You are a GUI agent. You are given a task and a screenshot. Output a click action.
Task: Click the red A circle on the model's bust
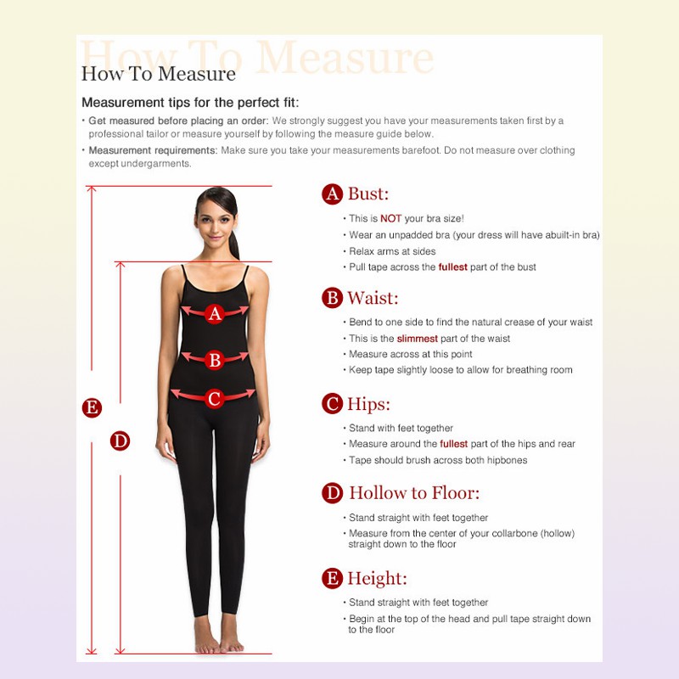(x=215, y=313)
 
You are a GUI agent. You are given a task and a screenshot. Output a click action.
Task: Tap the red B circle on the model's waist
(x=215, y=359)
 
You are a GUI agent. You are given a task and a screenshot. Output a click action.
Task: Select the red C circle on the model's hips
(x=214, y=398)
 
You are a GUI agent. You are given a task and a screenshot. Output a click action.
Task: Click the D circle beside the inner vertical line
(x=120, y=441)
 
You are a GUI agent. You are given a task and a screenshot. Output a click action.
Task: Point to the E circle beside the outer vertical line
(x=92, y=408)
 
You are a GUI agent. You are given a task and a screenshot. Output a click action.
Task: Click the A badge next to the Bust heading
(x=332, y=194)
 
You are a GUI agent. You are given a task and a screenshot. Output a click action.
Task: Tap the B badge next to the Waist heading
(x=332, y=298)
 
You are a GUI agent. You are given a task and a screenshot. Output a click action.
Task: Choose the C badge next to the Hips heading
(x=332, y=404)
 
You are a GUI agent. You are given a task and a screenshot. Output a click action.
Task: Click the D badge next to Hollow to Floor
(x=332, y=493)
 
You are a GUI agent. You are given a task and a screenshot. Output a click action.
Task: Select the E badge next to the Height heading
(x=332, y=578)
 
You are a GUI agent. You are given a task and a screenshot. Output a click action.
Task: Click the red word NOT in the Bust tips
(x=391, y=219)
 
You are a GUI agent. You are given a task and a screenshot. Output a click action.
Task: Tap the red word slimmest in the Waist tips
(x=417, y=339)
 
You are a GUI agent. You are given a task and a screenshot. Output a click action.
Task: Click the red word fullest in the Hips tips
(x=453, y=444)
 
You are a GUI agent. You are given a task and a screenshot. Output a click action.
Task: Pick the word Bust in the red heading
(x=368, y=194)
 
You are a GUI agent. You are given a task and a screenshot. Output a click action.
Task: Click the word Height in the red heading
(x=377, y=579)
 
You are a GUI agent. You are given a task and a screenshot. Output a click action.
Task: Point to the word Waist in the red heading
(x=373, y=298)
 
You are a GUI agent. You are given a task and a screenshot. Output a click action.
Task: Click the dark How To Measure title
(x=159, y=74)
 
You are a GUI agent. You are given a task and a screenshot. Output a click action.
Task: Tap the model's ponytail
(x=235, y=244)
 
